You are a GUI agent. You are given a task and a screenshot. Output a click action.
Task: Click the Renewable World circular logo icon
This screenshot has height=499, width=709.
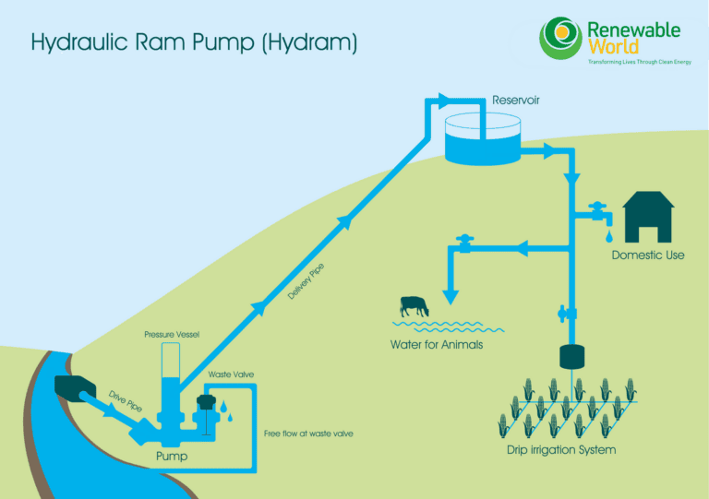[560, 37]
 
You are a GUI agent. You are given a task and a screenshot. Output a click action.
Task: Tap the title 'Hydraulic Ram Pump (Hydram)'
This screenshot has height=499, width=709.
[194, 42]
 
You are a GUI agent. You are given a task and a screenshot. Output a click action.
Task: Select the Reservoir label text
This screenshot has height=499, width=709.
[516, 100]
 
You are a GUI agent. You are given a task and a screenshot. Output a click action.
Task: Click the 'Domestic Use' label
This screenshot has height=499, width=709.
[648, 255]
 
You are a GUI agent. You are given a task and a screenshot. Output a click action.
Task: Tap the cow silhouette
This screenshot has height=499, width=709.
[415, 306]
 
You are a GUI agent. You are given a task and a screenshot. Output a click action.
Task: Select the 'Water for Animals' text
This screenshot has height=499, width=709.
[436, 345]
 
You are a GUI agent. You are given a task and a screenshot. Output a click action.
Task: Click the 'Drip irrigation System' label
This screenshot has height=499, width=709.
[561, 450]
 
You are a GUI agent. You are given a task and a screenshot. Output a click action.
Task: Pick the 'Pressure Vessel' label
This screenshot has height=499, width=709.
[172, 333]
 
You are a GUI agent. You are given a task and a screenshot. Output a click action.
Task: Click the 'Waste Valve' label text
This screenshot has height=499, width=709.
[231, 374]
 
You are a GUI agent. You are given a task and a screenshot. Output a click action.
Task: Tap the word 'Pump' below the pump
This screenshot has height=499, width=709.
[172, 457]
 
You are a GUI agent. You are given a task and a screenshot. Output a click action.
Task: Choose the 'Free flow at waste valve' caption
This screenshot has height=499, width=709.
[308, 434]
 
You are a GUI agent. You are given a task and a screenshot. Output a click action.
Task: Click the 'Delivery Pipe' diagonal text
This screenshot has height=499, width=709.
[306, 282]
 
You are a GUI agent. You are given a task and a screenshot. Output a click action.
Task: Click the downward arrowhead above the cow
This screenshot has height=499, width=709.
[451, 296]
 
